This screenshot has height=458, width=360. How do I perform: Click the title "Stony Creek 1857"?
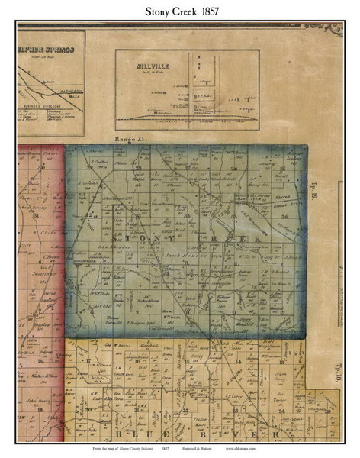[179, 12]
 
